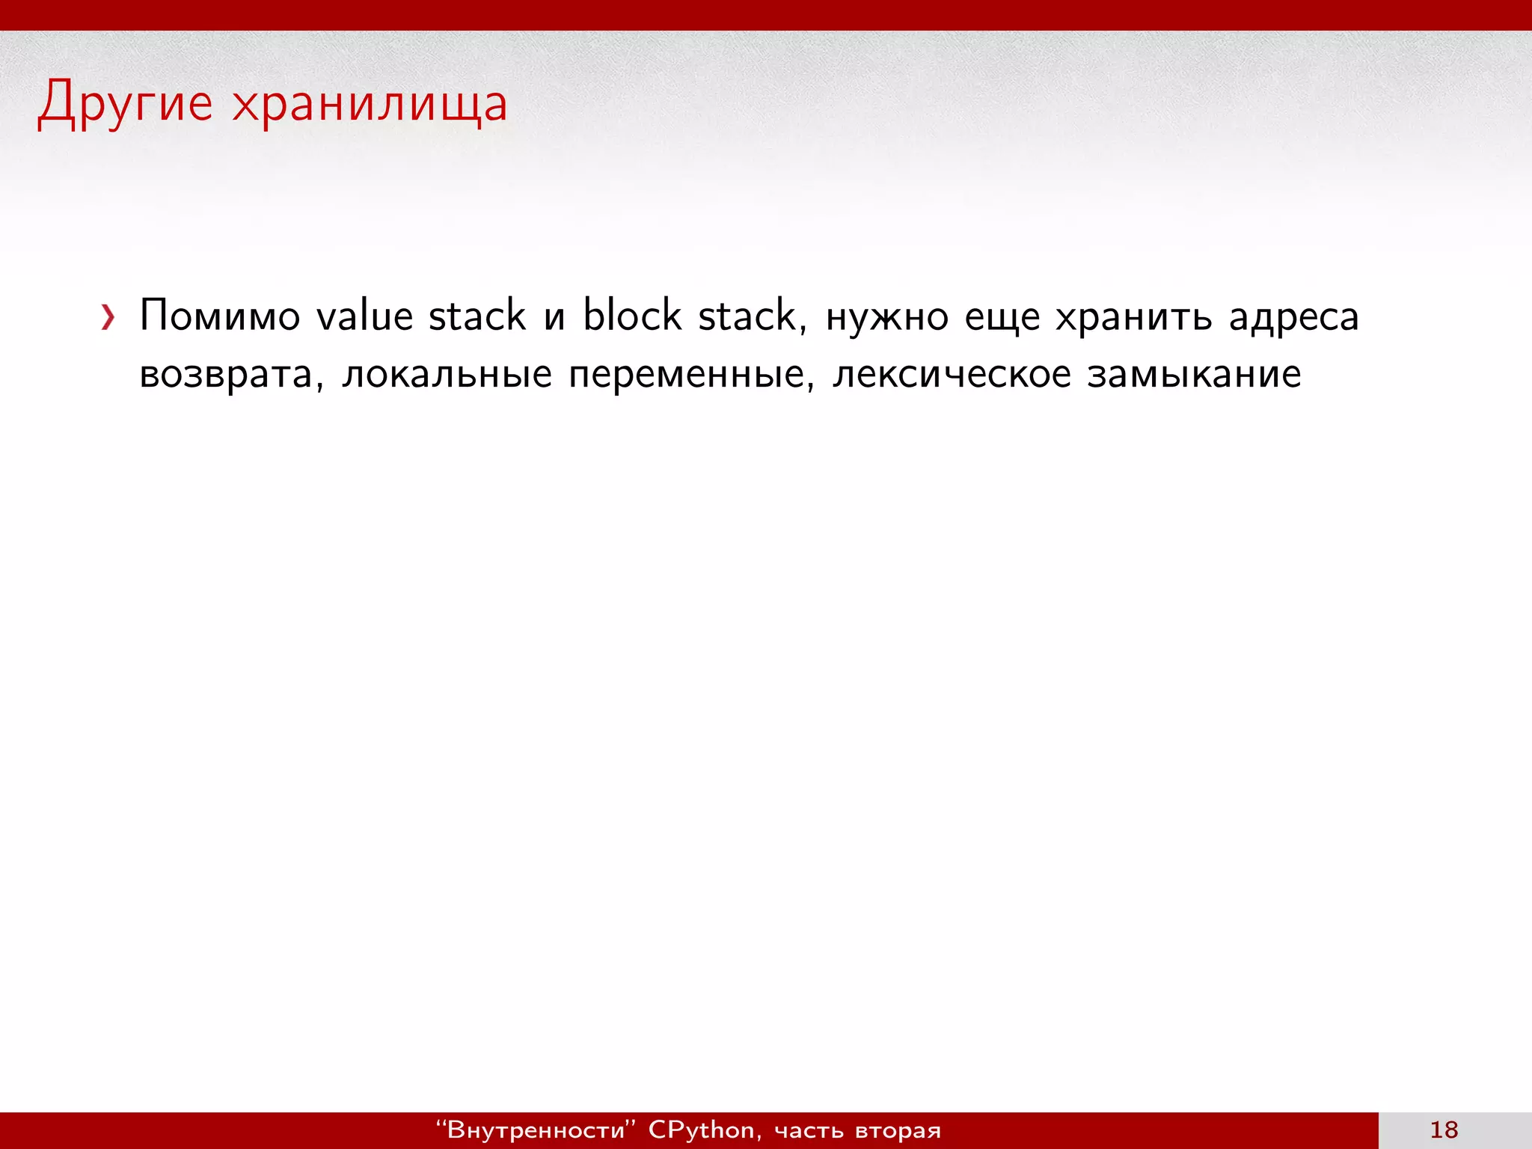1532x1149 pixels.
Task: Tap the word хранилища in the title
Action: pos(370,105)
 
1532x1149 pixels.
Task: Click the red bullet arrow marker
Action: pos(108,317)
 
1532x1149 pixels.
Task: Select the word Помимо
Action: pos(220,316)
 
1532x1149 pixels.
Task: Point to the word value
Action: pos(364,316)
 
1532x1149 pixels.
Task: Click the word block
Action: pos(632,316)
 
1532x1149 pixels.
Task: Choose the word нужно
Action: pos(887,317)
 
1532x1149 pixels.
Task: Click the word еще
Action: pos(1002,317)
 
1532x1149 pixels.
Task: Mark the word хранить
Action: pos(1133,317)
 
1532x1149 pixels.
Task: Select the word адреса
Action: pos(1294,317)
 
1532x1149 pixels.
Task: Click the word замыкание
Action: pos(1194,375)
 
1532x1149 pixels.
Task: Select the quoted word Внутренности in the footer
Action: pos(535,1130)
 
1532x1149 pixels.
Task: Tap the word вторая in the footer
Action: pos(898,1130)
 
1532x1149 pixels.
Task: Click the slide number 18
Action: pos(1444,1130)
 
